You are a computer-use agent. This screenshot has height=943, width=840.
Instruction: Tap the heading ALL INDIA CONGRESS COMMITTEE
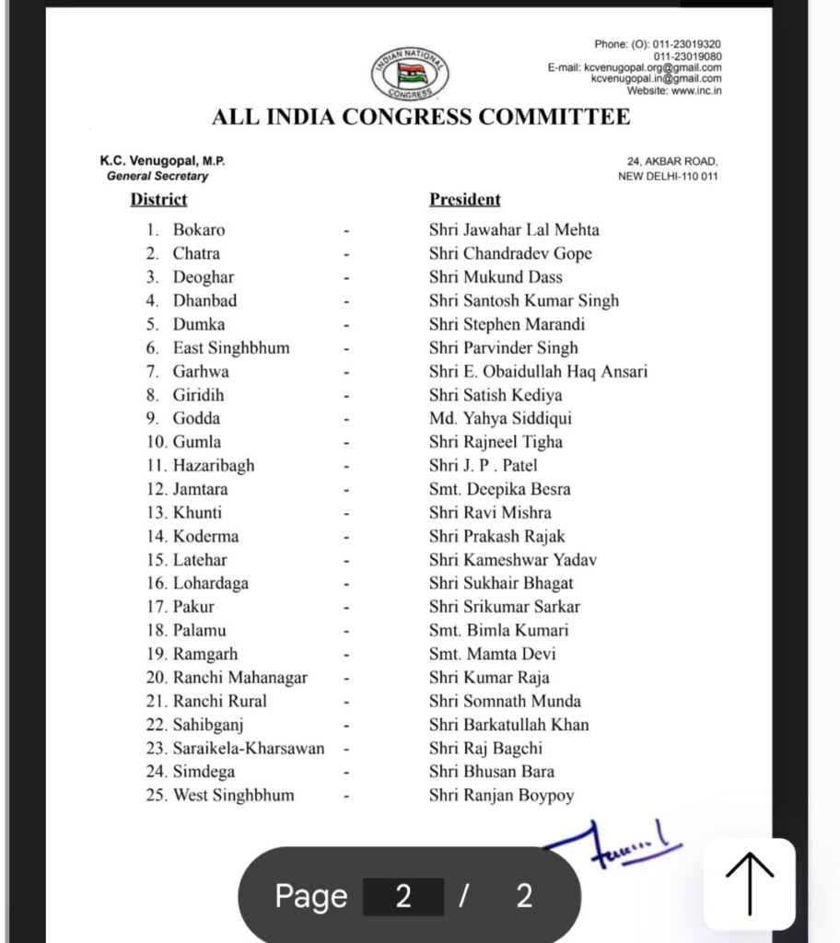(421, 117)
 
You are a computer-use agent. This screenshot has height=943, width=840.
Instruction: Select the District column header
(158, 199)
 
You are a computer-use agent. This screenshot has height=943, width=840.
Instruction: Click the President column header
(465, 199)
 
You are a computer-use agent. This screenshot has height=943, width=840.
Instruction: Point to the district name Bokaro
(199, 230)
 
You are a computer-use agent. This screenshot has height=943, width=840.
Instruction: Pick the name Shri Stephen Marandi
(507, 324)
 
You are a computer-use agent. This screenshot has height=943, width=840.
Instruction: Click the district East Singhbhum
(231, 348)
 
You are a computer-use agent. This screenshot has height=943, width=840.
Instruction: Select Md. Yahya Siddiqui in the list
(500, 418)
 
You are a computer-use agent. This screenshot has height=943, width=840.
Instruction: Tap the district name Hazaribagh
(214, 466)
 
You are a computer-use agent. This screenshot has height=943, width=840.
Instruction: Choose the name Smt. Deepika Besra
(499, 489)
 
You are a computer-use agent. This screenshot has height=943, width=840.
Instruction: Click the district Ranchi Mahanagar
(240, 678)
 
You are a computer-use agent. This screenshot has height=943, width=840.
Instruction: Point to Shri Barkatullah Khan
(508, 725)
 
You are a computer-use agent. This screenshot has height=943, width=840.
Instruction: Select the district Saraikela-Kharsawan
(249, 749)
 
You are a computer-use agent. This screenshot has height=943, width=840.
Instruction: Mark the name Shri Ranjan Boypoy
(501, 796)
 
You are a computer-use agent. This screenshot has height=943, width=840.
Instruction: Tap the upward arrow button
(750, 883)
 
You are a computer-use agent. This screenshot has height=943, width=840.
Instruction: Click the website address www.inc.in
(696, 90)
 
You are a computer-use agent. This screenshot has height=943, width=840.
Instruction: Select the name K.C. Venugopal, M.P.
(163, 161)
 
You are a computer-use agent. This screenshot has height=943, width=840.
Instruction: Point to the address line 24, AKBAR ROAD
(672, 161)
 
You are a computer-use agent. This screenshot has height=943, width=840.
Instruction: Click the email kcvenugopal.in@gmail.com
(656, 79)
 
